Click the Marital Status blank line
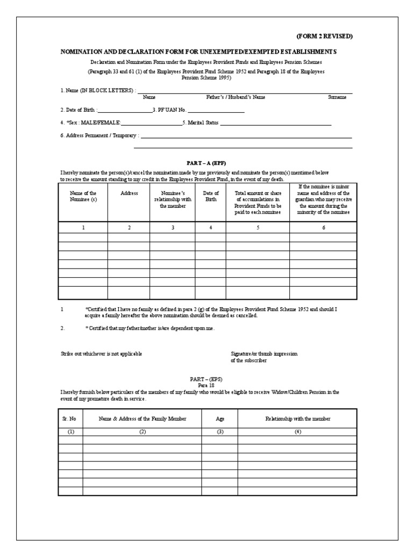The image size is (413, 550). pyautogui.click(x=275, y=124)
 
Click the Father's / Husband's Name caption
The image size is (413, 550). pyautogui.click(x=236, y=98)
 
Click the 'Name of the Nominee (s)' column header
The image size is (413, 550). pyautogui.click(x=83, y=196)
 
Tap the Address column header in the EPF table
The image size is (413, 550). pyautogui.click(x=129, y=193)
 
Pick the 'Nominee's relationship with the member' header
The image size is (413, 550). pyautogui.click(x=172, y=199)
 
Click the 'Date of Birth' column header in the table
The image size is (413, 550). pyautogui.click(x=211, y=196)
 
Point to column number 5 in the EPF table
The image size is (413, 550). pyautogui.click(x=258, y=228)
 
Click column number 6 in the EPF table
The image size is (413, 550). pyautogui.click(x=324, y=228)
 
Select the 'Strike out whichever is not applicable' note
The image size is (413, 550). pyautogui.click(x=101, y=354)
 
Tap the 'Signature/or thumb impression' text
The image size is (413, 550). pyautogui.click(x=264, y=354)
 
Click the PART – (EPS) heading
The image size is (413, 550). pyautogui.click(x=206, y=379)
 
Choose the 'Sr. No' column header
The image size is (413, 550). pyautogui.click(x=70, y=418)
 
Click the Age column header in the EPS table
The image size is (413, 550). pyautogui.click(x=219, y=418)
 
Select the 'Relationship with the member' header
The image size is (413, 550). pyautogui.click(x=297, y=418)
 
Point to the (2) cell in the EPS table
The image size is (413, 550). pyautogui.click(x=142, y=431)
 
